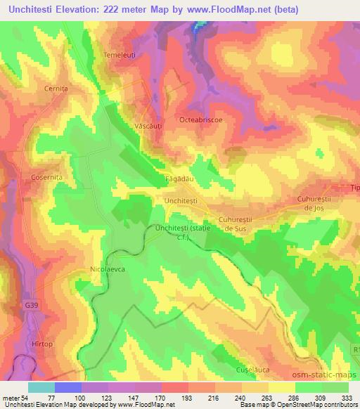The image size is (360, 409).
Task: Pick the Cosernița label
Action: click(x=48, y=178)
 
